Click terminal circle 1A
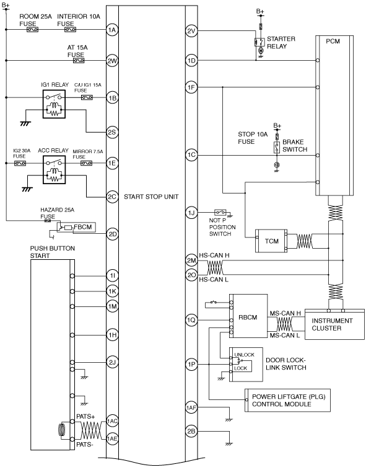point(112,30)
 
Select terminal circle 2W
point(112,61)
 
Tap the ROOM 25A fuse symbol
point(32,30)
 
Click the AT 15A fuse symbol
point(79,61)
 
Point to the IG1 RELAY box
point(54,104)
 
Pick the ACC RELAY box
point(54,170)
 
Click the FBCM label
point(83,227)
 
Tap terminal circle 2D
point(112,234)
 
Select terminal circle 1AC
point(112,421)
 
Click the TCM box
point(271,241)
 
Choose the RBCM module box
point(248,316)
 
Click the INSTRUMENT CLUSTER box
point(334,324)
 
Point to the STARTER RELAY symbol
point(260,42)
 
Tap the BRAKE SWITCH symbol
point(277,148)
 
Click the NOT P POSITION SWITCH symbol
point(220,212)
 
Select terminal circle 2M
point(191,260)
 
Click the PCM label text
point(333,42)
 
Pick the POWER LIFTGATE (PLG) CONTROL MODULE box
point(287,400)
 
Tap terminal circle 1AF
point(191,407)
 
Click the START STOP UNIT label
point(151,197)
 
